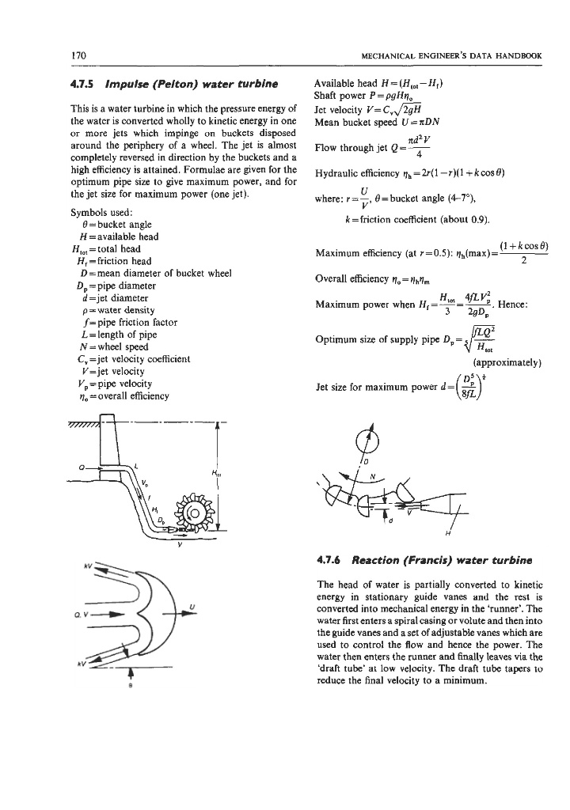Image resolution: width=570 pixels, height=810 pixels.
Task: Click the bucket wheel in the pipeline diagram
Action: coord(192,503)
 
